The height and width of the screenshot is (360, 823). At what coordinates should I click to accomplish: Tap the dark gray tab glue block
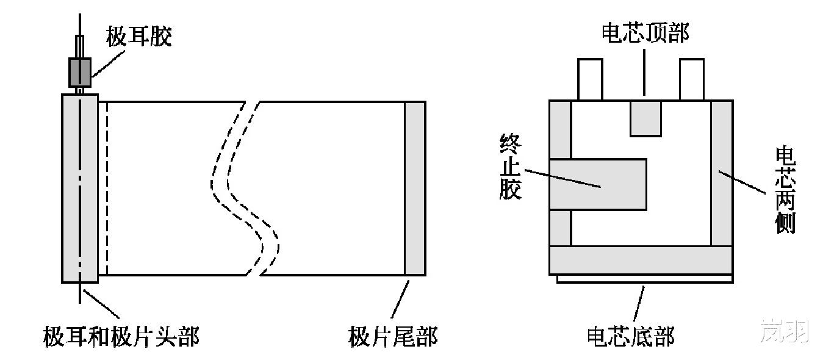(x=79, y=72)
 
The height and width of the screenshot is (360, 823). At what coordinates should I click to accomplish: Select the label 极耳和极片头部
(x=121, y=336)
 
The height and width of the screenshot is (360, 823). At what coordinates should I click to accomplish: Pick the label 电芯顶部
(x=645, y=34)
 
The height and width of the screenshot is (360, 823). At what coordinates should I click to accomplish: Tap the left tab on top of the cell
(x=590, y=79)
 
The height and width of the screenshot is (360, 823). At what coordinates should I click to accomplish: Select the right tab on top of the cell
(x=691, y=79)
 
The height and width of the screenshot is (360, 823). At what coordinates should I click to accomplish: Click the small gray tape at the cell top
(x=645, y=118)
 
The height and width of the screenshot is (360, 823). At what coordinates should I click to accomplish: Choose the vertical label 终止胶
(x=509, y=168)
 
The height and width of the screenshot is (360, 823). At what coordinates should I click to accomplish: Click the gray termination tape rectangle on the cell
(x=598, y=184)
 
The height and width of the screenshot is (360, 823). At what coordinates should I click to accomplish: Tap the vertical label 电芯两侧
(x=785, y=189)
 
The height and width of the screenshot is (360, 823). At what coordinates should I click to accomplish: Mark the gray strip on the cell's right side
(x=722, y=173)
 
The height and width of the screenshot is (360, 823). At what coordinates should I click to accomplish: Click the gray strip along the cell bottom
(x=641, y=261)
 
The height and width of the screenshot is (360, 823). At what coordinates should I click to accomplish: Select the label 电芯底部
(x=630, y=336)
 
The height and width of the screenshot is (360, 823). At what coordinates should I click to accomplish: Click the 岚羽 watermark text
(x=785, y=331)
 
